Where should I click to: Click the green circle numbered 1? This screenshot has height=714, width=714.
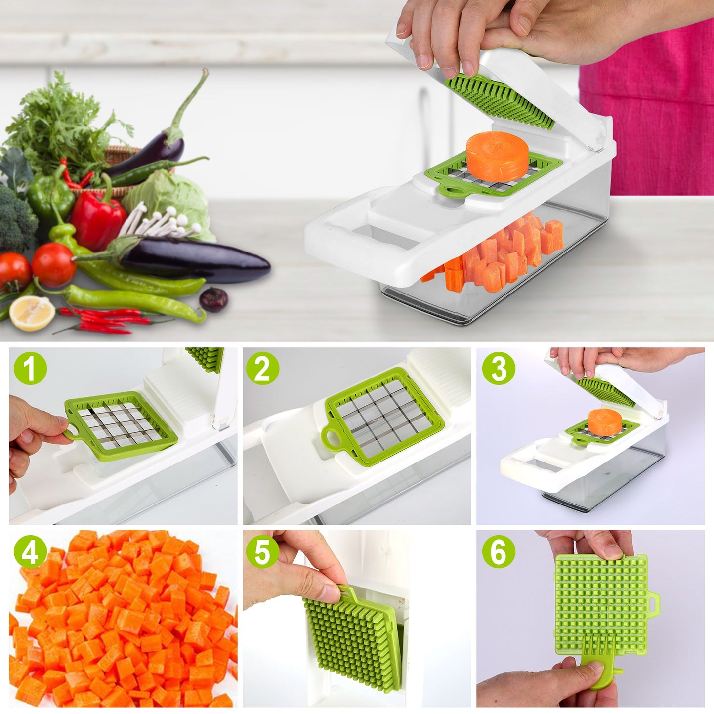30,368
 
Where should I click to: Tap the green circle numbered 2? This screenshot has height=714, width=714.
263,368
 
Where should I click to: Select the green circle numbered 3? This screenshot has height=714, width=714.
499,368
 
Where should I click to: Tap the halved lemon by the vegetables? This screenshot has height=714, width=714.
32,313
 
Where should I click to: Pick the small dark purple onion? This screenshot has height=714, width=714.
213,299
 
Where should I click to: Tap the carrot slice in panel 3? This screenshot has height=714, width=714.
604,421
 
